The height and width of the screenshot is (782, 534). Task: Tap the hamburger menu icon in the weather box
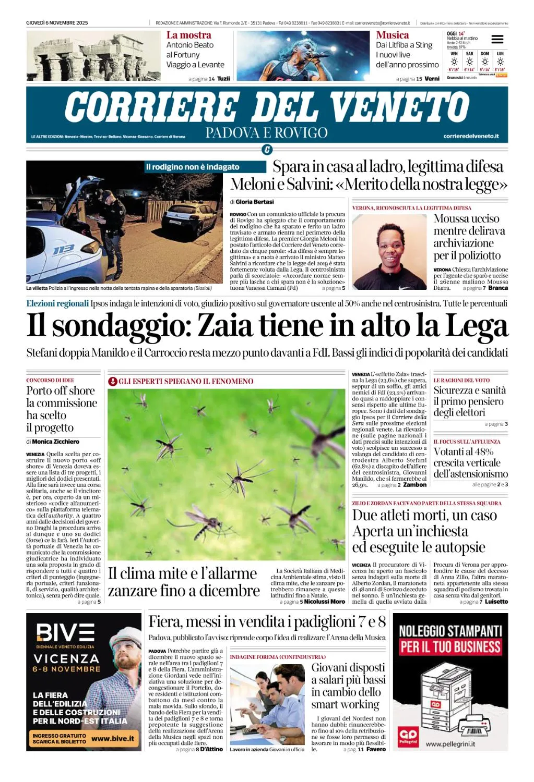coord(497,39)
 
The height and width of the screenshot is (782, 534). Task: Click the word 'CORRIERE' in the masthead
coord(151,107)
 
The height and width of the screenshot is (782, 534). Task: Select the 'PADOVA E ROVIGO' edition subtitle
coord(266,133)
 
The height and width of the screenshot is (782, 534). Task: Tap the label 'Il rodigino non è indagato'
coord(193,167)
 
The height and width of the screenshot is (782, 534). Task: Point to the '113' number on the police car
coord(64,250)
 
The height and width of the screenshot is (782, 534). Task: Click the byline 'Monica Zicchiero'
coord(56,442)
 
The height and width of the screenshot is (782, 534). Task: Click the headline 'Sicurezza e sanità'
coord(469,390)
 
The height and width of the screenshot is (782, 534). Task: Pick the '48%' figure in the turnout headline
coord(483,451)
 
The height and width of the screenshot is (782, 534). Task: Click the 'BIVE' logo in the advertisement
coord(66,633)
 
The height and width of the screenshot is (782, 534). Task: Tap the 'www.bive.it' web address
coord(113,738)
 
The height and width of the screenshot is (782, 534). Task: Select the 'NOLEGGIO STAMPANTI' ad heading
coord(450,631)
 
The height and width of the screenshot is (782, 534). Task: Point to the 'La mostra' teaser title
coord(189,35)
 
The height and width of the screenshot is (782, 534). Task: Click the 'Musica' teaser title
coord(393,35)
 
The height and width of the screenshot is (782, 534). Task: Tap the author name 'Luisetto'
coord(496,602)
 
